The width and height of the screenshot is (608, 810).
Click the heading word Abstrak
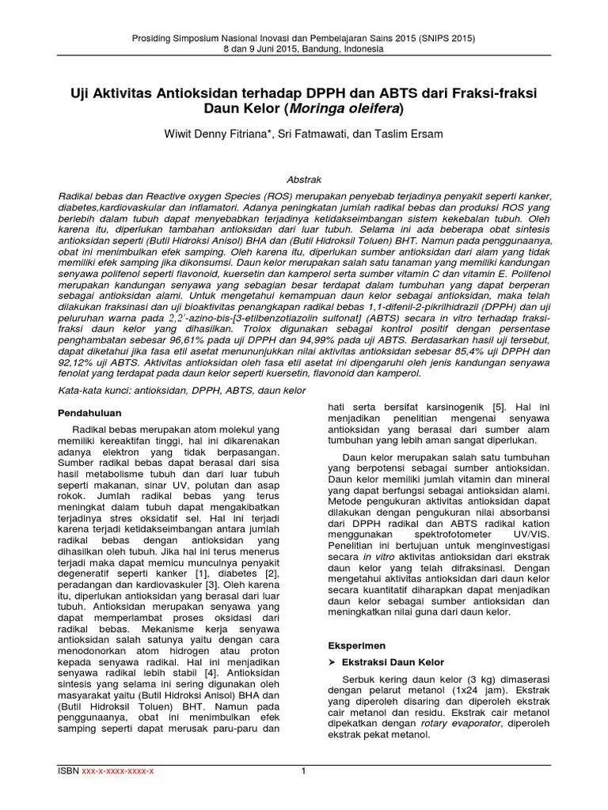(303, 180)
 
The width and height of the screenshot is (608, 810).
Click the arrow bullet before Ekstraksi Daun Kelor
(333, 661)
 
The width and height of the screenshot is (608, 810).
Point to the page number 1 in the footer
(303, 771)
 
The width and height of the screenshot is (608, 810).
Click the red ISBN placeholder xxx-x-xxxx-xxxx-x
(119, 771)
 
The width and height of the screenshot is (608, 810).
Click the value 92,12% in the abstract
(82, 361)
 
